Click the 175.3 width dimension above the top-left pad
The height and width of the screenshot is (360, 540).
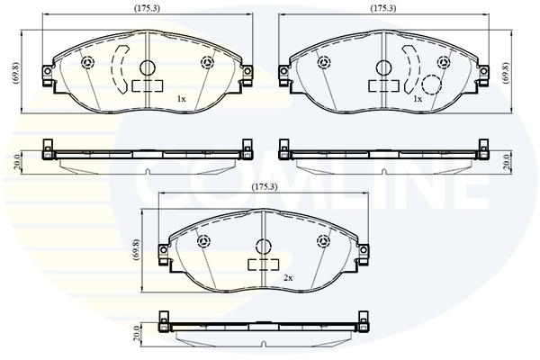(x=147, y=9)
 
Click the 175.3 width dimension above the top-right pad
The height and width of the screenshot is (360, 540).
(x=383, y=9)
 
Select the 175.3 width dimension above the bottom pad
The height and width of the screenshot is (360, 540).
(x=264, y=187)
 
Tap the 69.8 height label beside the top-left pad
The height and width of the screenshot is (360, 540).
(x=16, y=72)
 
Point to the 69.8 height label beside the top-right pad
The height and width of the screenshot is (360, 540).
(x=506, y=72)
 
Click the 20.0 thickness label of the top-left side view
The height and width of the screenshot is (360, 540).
(x=17, y=162)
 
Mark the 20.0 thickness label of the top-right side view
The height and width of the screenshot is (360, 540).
(x=506, y=162)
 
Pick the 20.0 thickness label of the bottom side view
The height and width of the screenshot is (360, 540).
(x=137, y=334)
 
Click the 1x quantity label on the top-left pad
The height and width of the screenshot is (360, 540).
(x=181, y=99)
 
